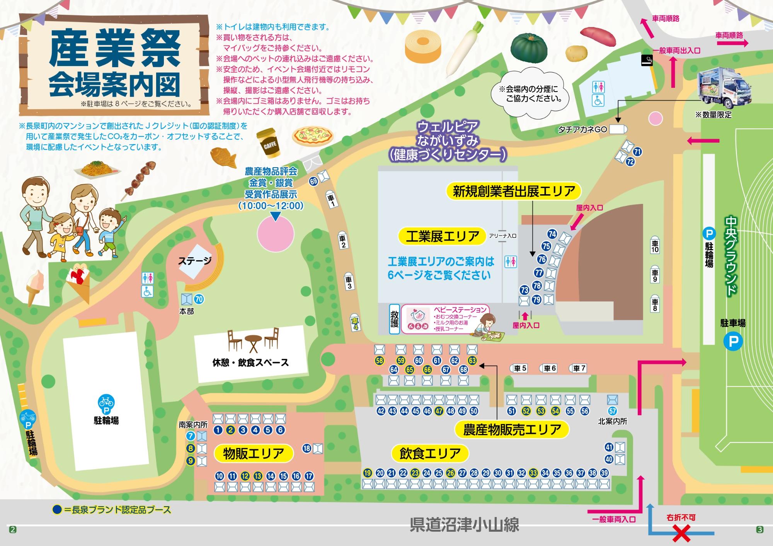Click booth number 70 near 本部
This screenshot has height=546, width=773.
199,299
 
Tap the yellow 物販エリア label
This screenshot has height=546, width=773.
253,453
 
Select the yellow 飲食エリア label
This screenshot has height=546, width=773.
430,453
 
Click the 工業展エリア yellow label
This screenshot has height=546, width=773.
442,236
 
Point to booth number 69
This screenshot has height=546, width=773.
313,181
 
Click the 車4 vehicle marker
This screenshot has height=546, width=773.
355,322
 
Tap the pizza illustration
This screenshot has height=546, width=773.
313,135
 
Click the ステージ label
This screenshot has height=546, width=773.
195,261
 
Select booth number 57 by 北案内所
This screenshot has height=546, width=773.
612,411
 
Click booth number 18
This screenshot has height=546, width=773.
307,448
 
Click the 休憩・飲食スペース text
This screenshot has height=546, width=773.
250,363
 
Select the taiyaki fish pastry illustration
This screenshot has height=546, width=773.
223,158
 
